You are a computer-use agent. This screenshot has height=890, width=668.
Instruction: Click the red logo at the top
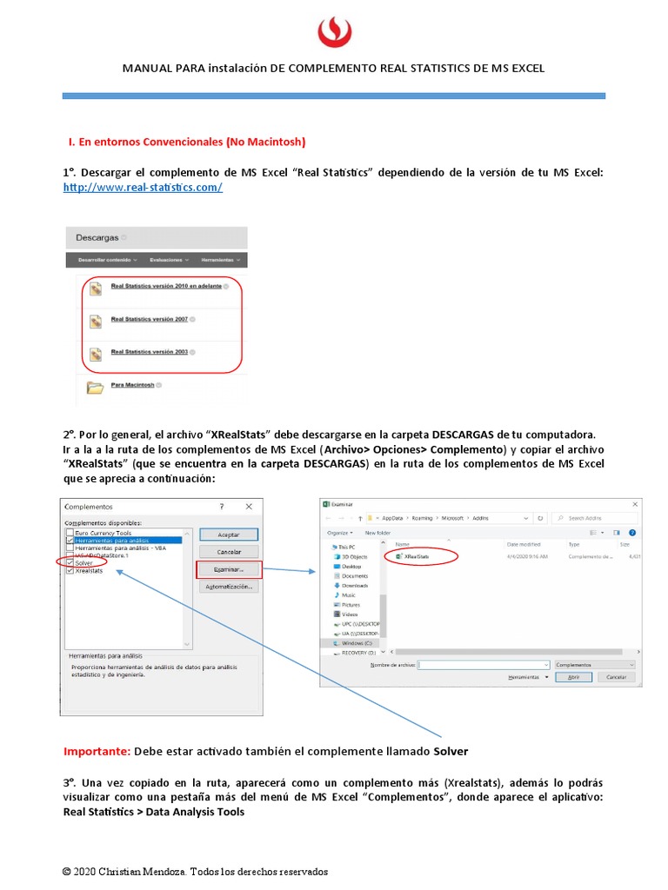tap(334, 33)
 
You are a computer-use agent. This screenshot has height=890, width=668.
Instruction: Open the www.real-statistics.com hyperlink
tap(143, 187)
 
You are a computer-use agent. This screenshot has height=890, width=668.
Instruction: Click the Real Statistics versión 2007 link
tap(149, 319)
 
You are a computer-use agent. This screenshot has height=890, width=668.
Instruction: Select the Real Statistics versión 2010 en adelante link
tap(165, 286)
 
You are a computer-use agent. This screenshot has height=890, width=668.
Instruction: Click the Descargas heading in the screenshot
tap(97, 237)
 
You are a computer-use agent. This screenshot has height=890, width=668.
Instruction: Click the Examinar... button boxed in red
tap(228, 569)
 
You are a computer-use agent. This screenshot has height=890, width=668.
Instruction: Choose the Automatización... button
tap(228, 587)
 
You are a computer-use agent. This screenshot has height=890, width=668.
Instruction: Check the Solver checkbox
tap(70, 562)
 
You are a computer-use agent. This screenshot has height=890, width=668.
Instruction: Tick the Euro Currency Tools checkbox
tap(70, 532)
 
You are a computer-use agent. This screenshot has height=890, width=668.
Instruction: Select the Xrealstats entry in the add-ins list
tap(89, 570)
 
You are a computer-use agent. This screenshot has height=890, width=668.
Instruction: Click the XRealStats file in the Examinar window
tap(417, 556)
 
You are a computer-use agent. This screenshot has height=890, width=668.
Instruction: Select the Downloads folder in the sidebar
tap(354, 585)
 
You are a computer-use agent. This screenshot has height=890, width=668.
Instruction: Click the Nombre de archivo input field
tap(484, 664)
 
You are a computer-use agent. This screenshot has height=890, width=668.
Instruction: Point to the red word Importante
tap(97, 751)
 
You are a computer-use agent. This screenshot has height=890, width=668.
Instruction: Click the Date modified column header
tap(524, 544)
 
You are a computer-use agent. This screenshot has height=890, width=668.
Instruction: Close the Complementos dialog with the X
tap(249, 506)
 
